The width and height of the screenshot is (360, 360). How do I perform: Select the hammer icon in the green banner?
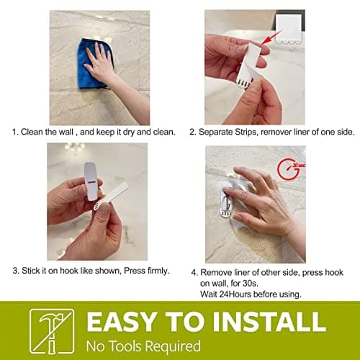(x=51, y=330)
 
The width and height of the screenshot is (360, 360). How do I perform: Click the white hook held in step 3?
(x=91, y=180)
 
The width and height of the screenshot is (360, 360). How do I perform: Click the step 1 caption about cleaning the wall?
(x=93, y=132)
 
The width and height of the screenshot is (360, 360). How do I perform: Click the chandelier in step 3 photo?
(x=74, y=148)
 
